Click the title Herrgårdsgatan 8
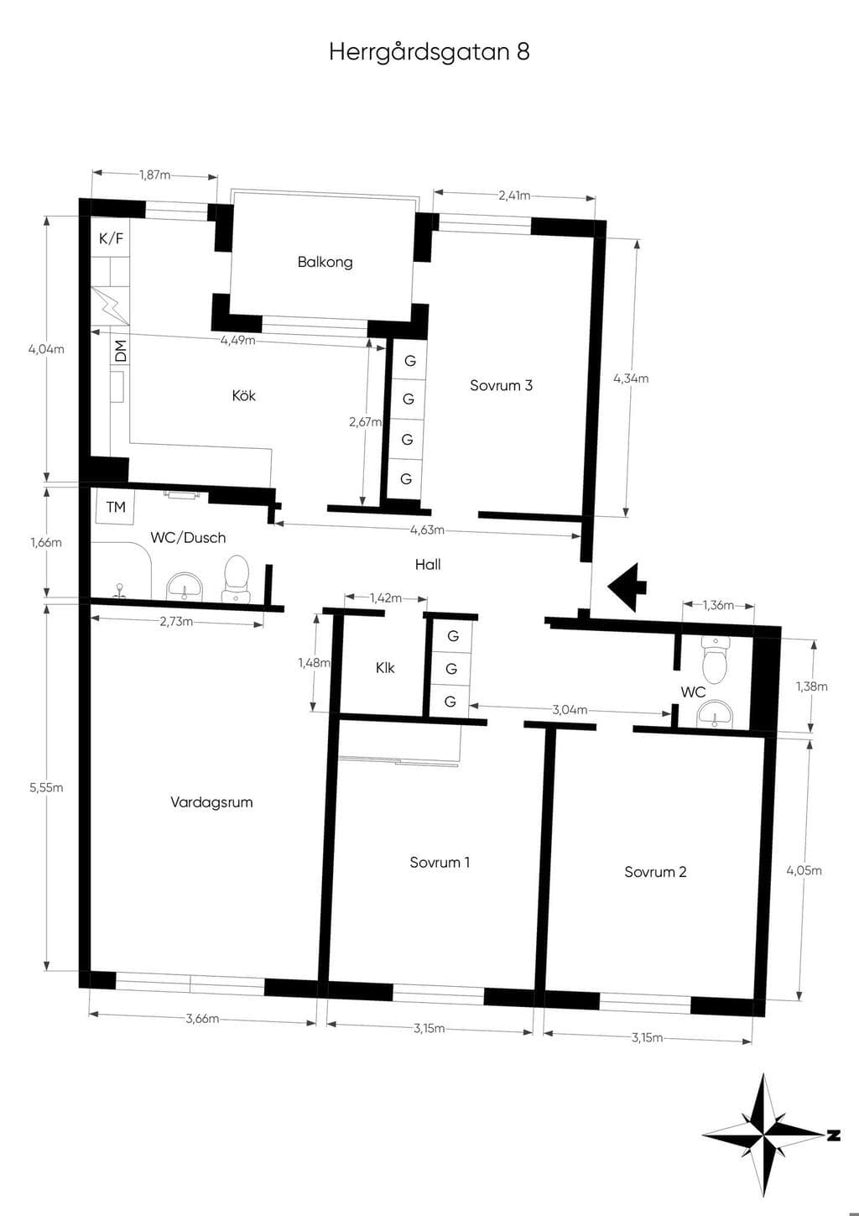click(x=429, y=52)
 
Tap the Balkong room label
click(x=325, y=262)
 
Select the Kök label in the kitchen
click(x=243, y=395)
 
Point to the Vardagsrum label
click(x=211, y=802)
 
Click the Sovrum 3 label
click(x=501, y=385)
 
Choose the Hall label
click(x=428, y=565)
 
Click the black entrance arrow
click(x=627, y=587)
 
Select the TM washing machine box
click(x=116, y=507)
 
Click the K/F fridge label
click(x=111, y=237)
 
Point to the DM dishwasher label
click(x=121, y=351)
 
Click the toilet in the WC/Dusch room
click(x=236, y=579)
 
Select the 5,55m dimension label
click(x=46, y=787)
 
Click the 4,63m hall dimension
click(x=427, y=530)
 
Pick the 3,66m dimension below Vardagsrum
click(x=202, y=1019)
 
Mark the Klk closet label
click(x=385, y=668)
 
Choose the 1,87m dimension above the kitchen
click(x=154, y=175)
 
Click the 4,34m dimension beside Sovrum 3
click(x=631, y=378)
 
